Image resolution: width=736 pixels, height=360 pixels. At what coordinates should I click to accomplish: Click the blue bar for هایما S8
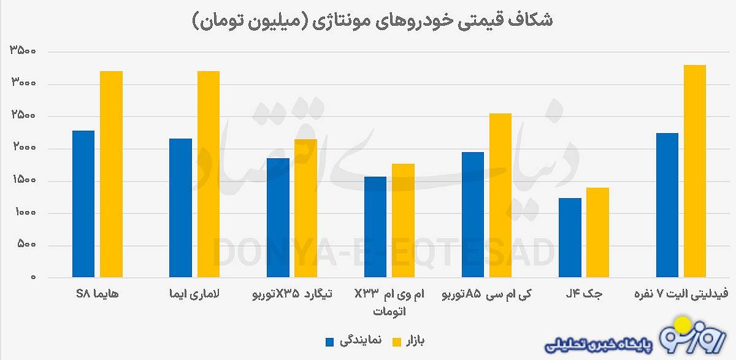(83, 204)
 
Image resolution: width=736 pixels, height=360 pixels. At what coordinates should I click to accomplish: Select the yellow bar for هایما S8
(112, 174)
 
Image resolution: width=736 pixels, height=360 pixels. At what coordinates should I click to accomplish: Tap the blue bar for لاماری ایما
(181, 208)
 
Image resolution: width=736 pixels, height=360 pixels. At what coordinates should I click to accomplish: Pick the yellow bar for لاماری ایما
(209, 174)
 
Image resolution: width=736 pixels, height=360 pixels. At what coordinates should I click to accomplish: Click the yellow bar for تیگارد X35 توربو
(305, 209)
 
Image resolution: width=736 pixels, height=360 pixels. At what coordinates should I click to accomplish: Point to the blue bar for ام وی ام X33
(375, 227)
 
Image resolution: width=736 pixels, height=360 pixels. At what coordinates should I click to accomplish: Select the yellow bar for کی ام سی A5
(500, 196)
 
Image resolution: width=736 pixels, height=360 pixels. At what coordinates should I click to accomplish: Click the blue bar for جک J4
(570, 238)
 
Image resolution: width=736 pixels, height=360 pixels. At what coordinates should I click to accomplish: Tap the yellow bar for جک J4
(598, 232)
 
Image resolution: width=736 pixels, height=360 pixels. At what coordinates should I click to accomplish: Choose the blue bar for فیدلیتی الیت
(667, 205)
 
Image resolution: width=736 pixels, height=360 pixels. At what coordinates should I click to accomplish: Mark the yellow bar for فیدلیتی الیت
(695, 171)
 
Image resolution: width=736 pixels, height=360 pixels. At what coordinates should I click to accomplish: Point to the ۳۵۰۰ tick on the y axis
(23, 52)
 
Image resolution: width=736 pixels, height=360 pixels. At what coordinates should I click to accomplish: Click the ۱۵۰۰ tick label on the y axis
(23, 181)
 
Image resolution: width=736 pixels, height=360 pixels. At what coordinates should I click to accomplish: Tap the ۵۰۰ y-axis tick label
(27, 245)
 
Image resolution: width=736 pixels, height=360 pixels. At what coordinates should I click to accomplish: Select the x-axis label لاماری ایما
(195, 294)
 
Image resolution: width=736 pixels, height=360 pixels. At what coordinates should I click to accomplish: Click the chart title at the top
(372, 20)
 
